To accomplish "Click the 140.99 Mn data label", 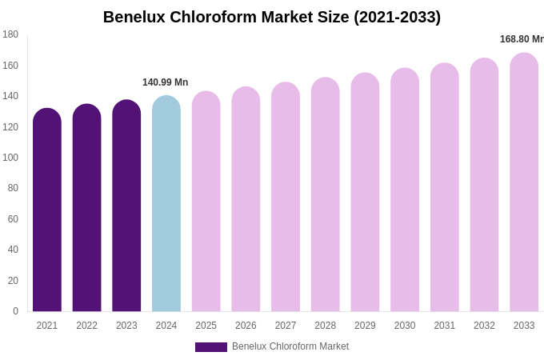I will [x=166, y=82].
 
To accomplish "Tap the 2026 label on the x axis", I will [x=246, y=326].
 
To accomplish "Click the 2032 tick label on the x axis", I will [x=484, y=326].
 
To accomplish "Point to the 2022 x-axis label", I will [x=87, y=326].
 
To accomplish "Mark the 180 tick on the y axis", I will [x=10, y=34].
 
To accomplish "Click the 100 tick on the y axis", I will [x=10, y=158].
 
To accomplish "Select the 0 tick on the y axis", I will [x=15, y=311].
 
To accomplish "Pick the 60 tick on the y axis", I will [x=13, y=219].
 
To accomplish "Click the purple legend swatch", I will [x=211, y=347].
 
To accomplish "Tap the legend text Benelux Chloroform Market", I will [x=290, y=346].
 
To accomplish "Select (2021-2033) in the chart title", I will [x=397, y=17].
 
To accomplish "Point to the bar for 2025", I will [x=206, y=202].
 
